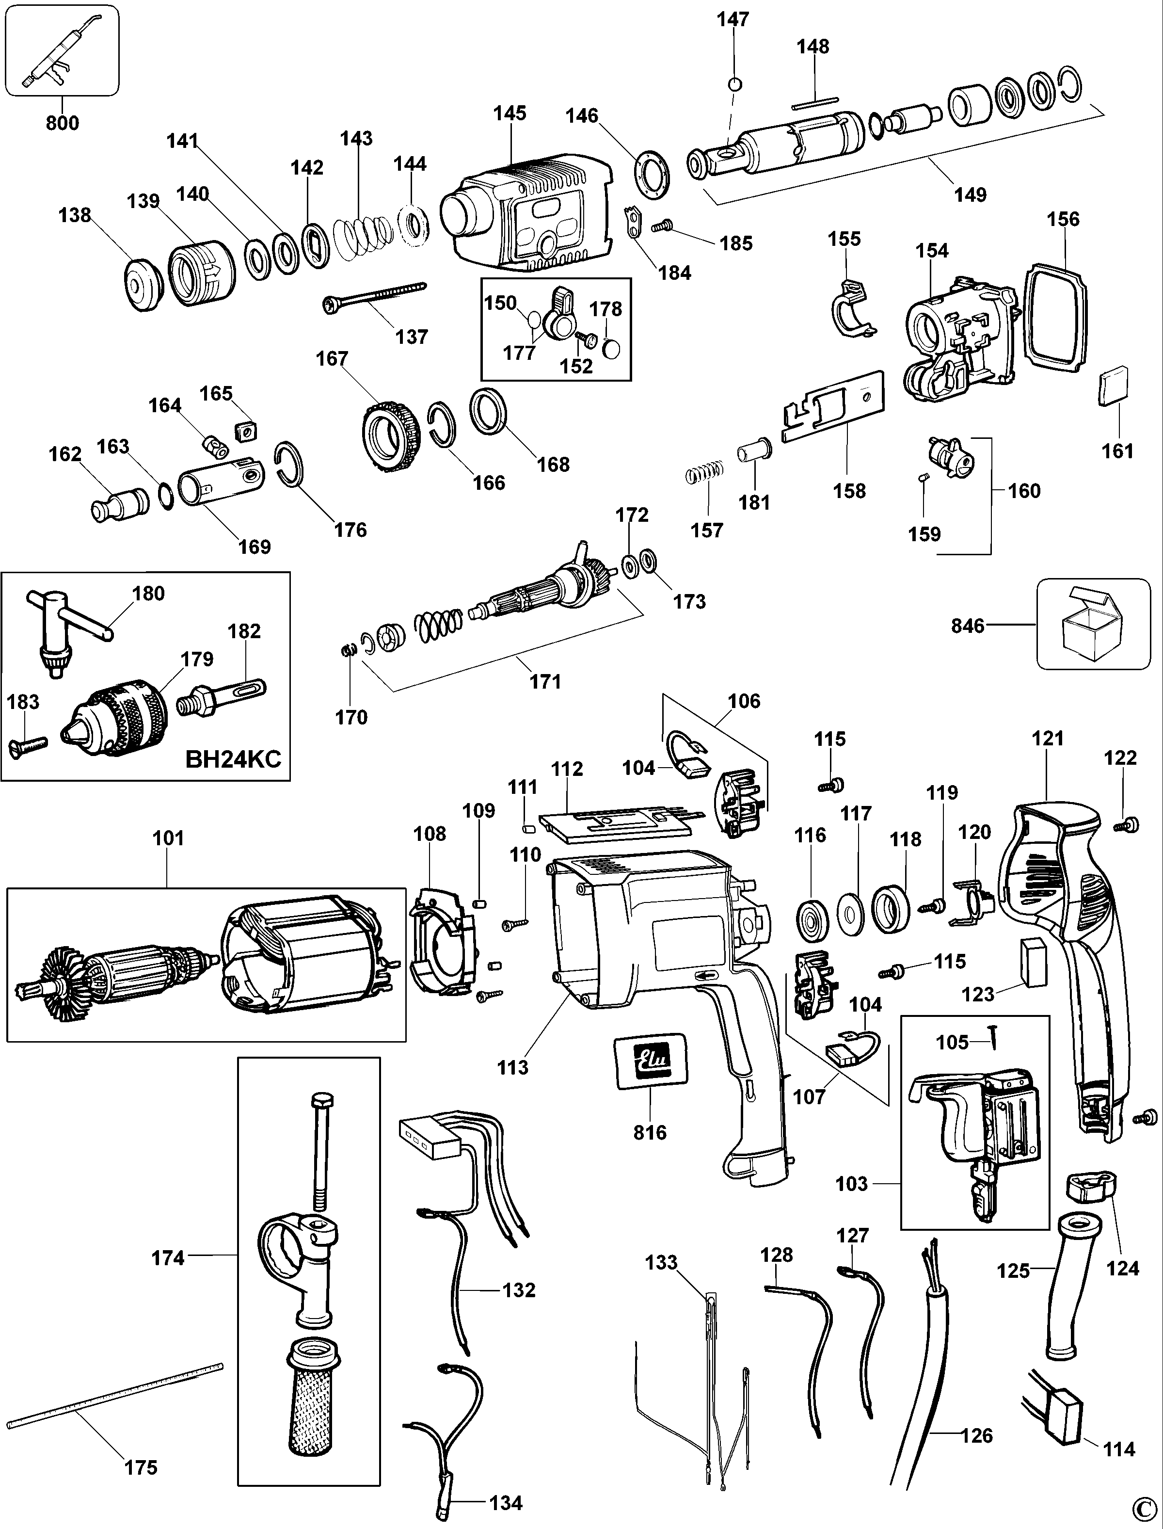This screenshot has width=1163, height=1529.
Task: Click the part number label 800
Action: click(63, 123)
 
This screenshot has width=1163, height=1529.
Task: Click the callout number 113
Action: click(513, 1067)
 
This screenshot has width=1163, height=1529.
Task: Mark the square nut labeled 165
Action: click(246, 432)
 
